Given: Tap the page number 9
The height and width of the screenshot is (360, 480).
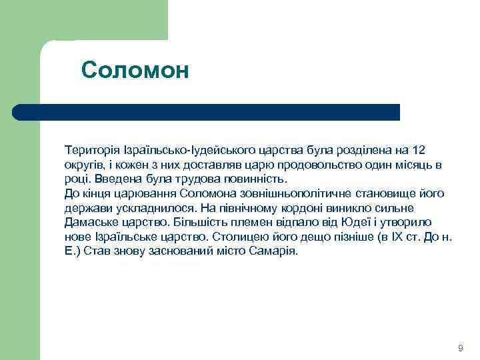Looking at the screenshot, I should (x=460, y=349).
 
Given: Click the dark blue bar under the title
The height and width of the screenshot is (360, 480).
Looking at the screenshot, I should (x=207, y=112).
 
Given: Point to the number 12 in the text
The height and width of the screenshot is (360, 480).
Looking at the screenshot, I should (x=419, y=149).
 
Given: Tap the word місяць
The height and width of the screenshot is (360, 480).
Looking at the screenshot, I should (x=409, y=164).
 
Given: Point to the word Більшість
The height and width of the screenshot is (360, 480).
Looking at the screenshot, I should (x=197, y=223).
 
